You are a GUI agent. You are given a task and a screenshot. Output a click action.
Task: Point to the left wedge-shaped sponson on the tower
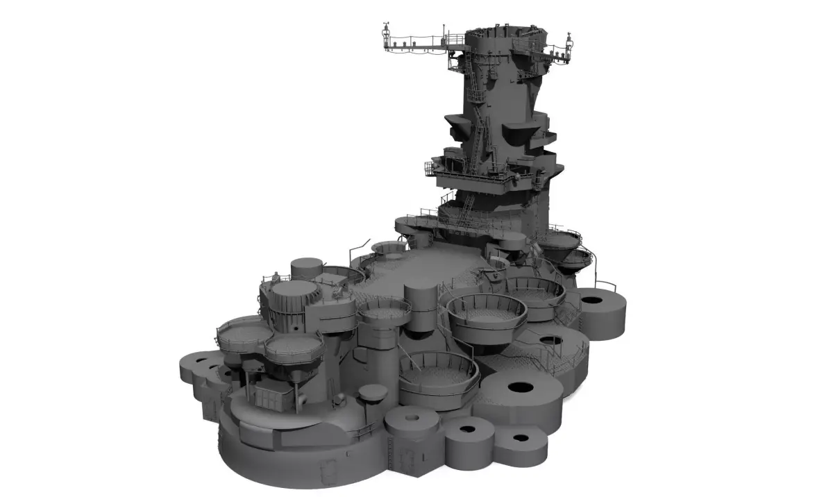pos(458,126)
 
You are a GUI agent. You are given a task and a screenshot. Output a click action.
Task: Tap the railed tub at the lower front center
pos(439,375)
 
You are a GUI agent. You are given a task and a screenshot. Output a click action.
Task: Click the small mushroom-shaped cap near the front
pos(373,394)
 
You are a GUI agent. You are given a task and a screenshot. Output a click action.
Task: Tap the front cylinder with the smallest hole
pos(412,419)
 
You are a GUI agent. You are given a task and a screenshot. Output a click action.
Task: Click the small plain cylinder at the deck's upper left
pos(306,268)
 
